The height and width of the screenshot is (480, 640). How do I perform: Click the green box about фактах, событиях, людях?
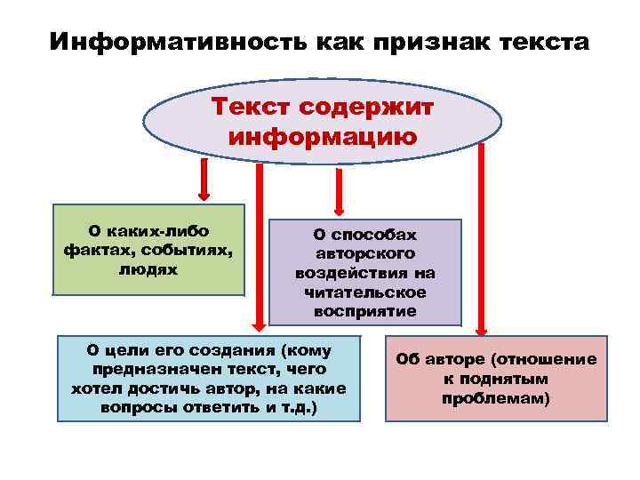coord(148,250)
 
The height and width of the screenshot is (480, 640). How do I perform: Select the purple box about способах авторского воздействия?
coord(365,271)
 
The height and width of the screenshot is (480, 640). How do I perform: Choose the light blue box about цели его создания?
coord(209,378)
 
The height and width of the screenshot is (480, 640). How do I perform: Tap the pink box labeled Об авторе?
coord(496,378)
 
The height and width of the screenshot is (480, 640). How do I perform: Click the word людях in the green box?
coord(148,268)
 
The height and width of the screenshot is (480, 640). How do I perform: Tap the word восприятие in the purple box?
coord(364,310)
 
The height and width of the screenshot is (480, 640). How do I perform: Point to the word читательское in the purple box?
coord(364,292)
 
